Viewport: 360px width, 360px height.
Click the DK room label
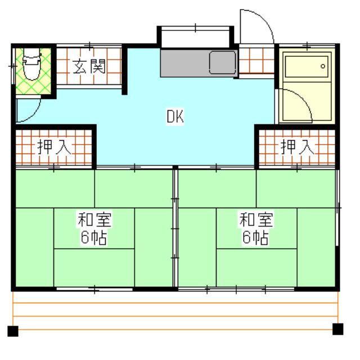click(175, 116)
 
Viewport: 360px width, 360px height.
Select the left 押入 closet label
click(55, 147)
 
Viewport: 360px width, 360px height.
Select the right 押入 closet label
click(296, 147)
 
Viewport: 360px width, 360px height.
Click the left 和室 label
click(93, 219)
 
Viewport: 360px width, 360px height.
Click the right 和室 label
click(255, 219)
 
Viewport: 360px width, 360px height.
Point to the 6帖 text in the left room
click(93, 238)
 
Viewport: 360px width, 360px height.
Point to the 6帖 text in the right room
click(255, 238)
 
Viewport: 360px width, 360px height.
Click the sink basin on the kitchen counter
click(223, 62)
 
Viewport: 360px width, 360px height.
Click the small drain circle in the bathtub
click(323, 66)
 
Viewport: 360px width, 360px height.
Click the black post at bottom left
click(12, 330)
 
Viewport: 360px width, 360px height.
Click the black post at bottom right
click(338, 329)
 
